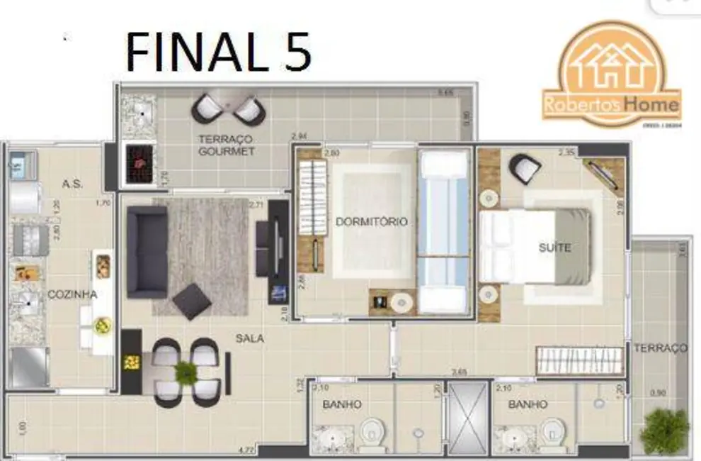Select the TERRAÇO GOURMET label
coord(226,145)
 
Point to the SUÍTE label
coord(554,248)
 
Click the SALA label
coord(250,338)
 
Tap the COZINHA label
coord(72,294)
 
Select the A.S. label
coord(72,184)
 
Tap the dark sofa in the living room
coord(147,252)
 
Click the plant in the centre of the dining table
coord(186,371)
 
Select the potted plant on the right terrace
coord(664,431)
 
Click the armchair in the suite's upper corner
coord(525,168)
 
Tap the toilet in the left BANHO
coord(372,434)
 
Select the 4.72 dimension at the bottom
coord(246,449)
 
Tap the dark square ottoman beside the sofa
coord(191,301)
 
